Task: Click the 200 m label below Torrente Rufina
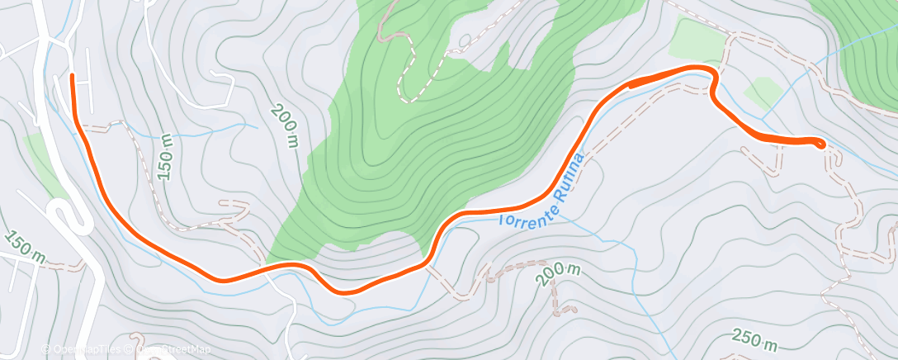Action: (558, 274)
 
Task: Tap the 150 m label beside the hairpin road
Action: (24, 246)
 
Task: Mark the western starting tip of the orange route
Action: (73, 77)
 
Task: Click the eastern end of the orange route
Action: (820, 144)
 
